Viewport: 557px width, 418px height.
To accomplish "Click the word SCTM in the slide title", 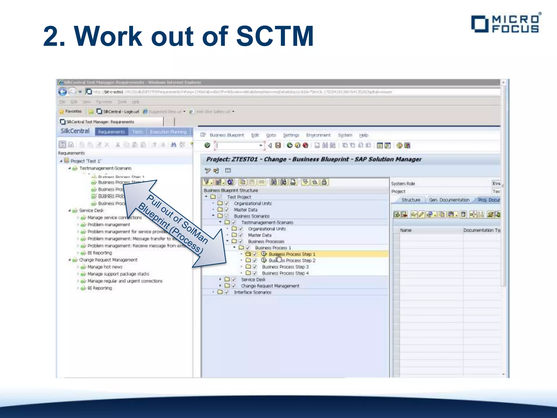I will [275, 36].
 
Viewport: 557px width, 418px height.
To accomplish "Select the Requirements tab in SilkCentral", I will [111, 132].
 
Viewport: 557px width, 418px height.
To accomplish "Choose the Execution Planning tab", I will [168, 132].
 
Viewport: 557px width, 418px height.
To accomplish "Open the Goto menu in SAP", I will [271, 135].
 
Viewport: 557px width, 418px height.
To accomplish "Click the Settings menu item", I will [291, 135].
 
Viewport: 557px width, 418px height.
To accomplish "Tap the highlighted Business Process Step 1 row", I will [292, 254].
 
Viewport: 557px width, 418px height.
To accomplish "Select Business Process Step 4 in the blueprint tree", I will [285, 273].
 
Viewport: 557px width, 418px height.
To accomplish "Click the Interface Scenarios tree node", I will [252, 292].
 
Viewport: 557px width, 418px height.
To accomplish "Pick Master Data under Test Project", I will [245, 210].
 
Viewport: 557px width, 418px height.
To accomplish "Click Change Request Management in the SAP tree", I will [270, 286].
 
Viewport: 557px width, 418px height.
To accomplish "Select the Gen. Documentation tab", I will [449, 200].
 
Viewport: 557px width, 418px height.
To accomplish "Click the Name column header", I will [406, 230].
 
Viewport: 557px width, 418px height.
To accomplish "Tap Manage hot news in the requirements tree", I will [105, 267].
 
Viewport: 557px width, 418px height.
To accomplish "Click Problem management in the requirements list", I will [109, 225].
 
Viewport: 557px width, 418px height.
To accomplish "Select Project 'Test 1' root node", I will [86, 161].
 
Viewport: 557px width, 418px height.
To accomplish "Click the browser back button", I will [63, 92].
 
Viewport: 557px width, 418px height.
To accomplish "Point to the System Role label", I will [403, 184].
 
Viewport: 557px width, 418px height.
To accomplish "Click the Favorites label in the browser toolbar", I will [73, 111].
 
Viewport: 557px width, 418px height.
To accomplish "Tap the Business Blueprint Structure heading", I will [231, 190].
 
